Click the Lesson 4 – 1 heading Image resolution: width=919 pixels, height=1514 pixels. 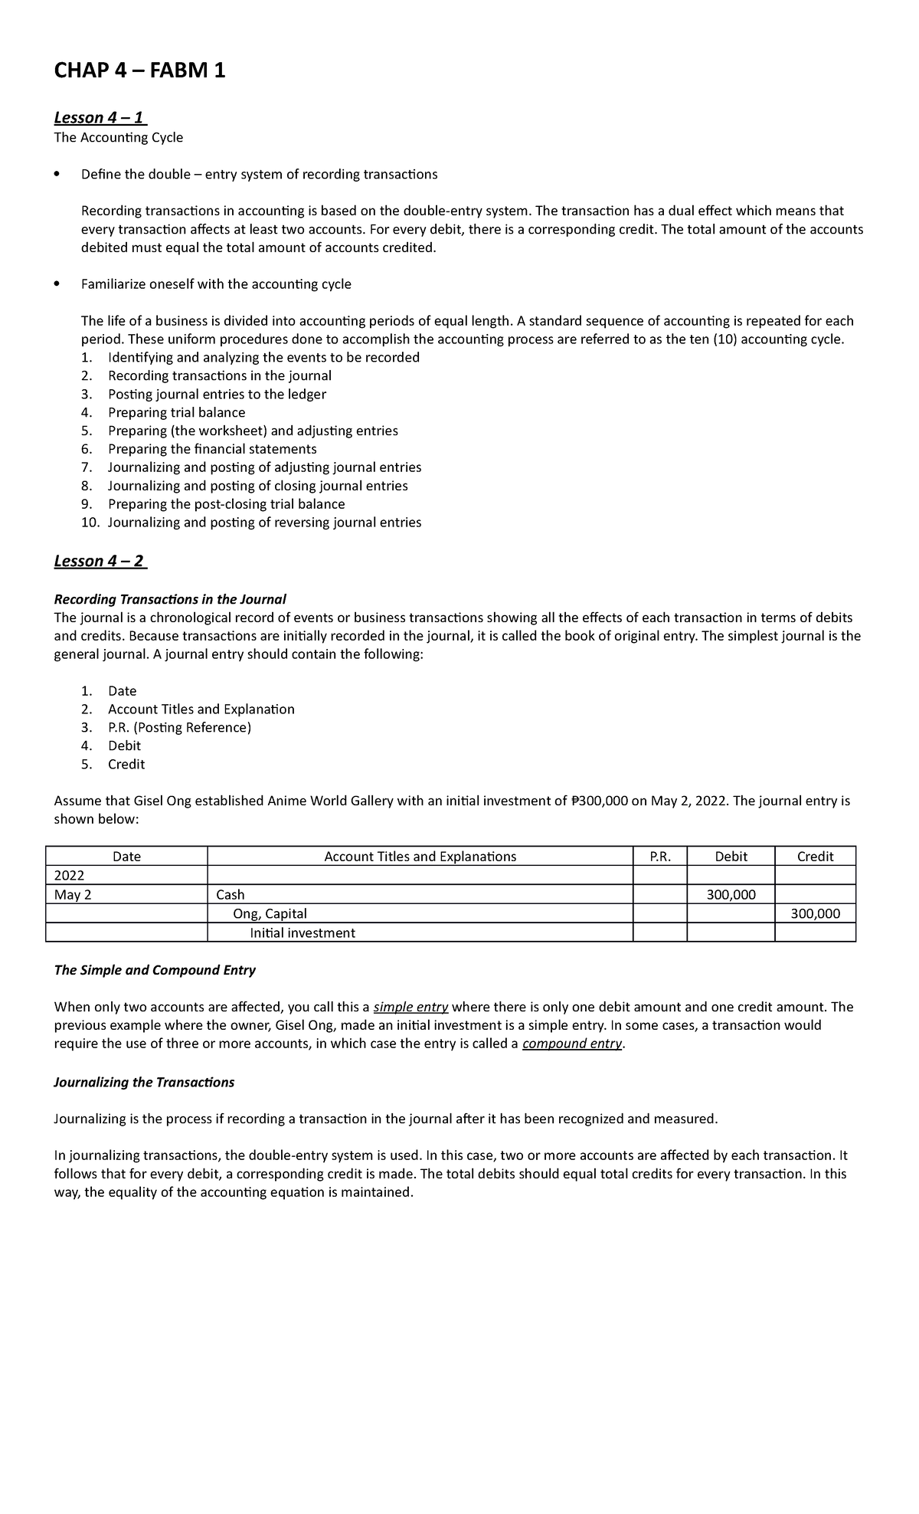pos(100,117)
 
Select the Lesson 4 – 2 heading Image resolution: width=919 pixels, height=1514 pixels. pos(100,561)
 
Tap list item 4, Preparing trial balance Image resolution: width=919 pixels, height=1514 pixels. pos(176,412)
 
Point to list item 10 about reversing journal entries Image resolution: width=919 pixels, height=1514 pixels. pos(263,523)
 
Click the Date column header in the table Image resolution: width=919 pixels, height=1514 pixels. pos(126,857)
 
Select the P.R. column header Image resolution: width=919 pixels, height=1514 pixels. pos(659,857)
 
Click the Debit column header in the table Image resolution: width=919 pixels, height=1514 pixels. pos(731,857)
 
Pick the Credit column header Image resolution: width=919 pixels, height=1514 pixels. pos(815,857)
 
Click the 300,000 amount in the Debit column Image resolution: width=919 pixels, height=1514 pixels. pos(731,895)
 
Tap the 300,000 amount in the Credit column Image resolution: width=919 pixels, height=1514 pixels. pos(815,913)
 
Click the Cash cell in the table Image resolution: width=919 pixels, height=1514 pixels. pos(231,895)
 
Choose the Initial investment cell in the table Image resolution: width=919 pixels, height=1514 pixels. pos(303,932)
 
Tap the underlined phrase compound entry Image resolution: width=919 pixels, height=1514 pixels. pos(572,1044)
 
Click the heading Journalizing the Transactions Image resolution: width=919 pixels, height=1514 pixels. pos(144,1082)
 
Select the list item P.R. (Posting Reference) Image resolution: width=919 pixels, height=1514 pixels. pos(179,727)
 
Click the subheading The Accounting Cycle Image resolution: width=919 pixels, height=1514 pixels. pos(118,138)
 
